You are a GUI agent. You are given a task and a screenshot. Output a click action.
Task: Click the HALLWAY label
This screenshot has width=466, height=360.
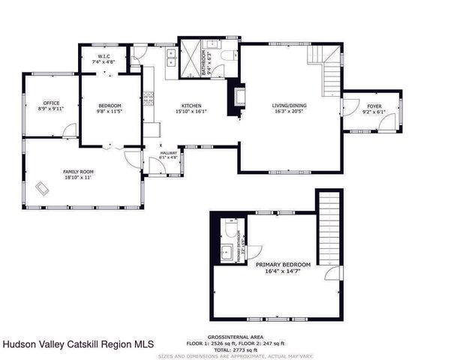168,155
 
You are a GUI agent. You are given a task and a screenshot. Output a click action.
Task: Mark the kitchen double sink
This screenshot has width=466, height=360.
171,55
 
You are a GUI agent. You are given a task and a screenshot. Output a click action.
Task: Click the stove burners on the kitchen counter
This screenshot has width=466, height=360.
148,97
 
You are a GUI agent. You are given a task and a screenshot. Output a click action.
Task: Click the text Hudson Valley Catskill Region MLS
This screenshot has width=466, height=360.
78,344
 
